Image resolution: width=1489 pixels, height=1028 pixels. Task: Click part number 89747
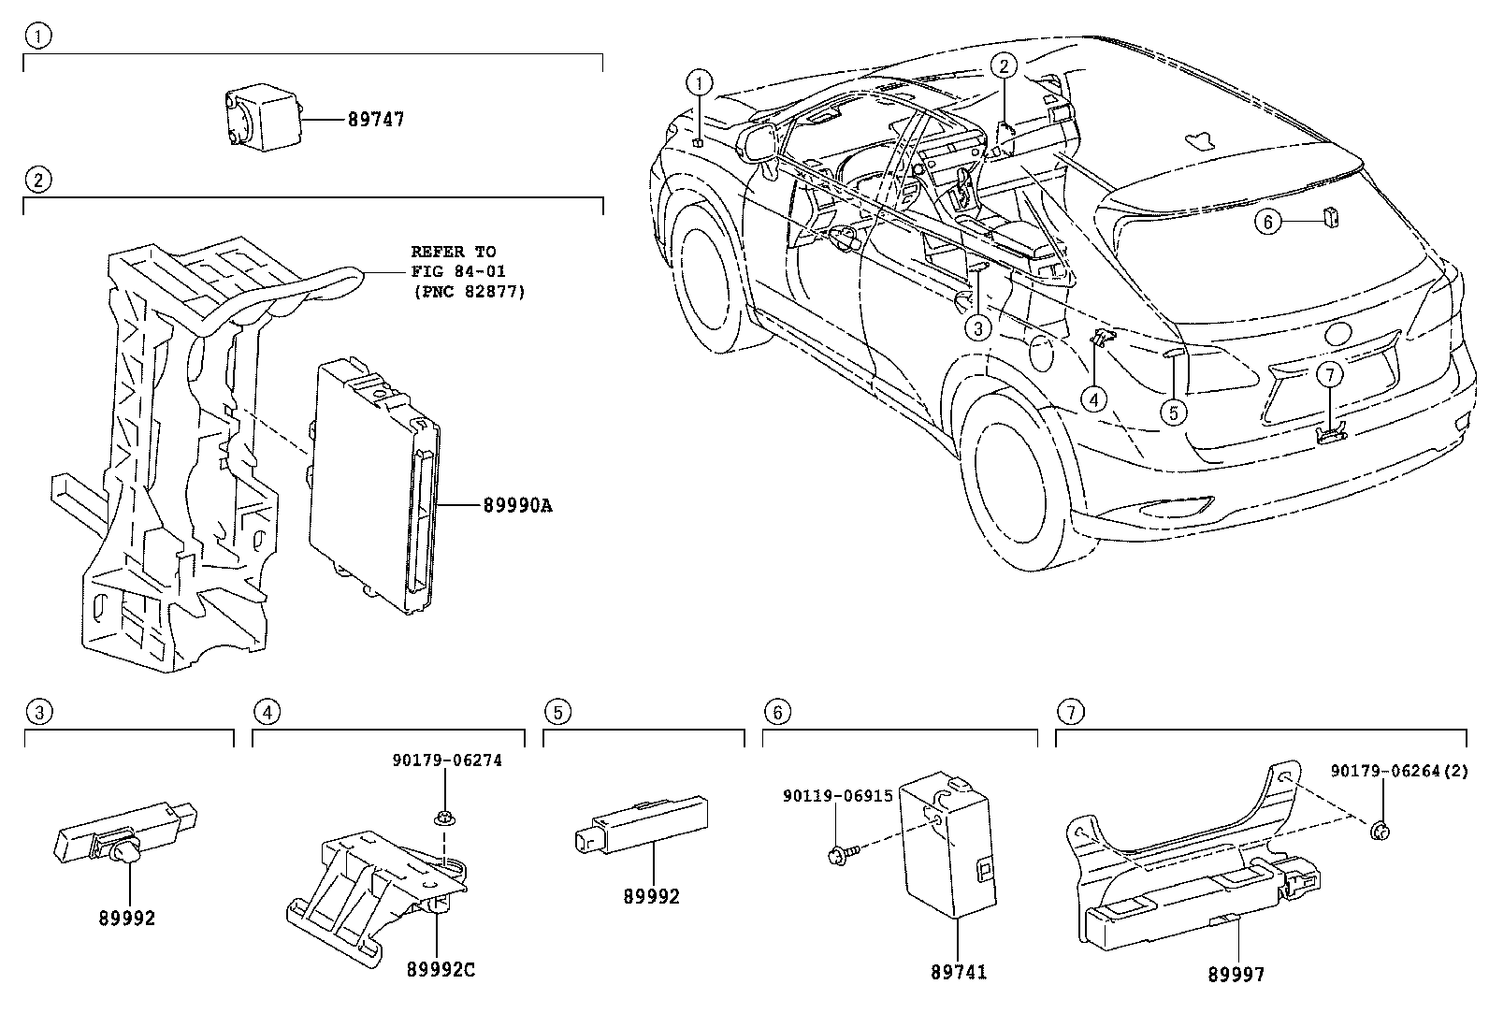376,120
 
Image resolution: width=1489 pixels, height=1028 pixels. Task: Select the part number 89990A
517,506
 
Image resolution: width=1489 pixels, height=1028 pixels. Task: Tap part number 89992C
441,970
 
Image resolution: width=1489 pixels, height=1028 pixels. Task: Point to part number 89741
958,973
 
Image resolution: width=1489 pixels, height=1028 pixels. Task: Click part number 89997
1236,975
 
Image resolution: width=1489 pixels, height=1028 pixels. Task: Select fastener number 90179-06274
446,760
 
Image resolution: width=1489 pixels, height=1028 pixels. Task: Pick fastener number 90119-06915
837,795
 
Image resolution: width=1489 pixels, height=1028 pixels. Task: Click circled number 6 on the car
1268,222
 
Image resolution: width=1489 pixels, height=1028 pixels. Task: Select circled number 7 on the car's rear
1331,374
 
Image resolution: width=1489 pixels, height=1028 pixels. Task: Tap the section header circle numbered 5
557,713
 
